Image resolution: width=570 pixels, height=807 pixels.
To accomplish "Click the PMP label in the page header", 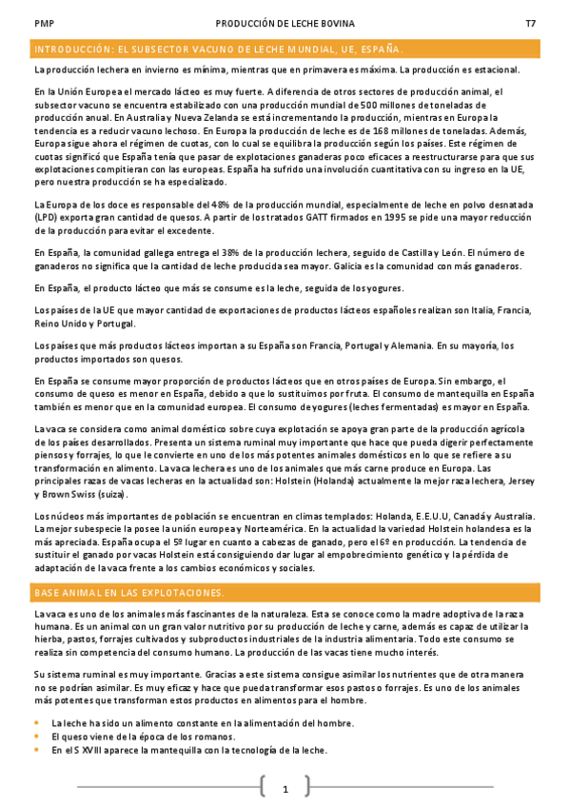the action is point(43,24).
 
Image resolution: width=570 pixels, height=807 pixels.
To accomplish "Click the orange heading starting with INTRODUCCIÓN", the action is point(218,49).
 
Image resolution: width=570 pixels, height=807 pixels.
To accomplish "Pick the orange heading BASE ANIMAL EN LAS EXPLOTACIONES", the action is point(128,593).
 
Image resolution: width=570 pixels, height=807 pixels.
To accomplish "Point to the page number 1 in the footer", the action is point(285,789).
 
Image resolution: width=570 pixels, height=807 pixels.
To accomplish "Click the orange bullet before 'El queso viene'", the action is point(37,737).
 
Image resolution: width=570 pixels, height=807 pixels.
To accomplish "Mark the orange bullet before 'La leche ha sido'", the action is point(37,723).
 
